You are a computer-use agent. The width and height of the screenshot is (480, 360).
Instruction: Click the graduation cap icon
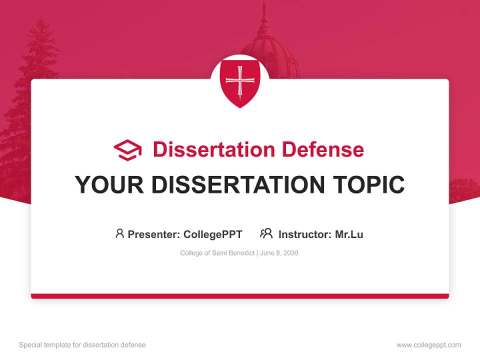pos(127,150)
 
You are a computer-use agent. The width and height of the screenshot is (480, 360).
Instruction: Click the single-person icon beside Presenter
pos(119,233)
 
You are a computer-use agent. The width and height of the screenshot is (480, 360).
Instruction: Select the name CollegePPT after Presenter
pos(213,234)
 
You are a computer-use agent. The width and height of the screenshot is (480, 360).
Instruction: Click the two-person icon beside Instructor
pos(266,233)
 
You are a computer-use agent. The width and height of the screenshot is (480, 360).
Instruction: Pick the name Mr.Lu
pos(349,234)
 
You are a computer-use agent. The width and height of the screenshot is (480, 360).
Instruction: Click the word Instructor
pos(304,234)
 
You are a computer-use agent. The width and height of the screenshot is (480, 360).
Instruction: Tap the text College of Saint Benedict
pos(217,253)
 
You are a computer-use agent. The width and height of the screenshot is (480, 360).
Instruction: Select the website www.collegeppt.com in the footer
pos(428,345)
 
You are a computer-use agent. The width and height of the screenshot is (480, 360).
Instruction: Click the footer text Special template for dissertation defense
pos(82,345)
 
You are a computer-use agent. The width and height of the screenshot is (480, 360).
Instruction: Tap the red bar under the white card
pos(240,296)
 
